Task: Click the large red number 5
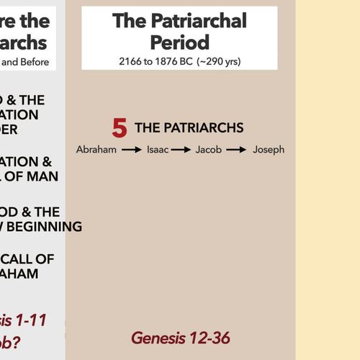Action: coord(120,128)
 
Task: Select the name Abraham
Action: coord(96,150)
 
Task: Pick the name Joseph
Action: coord(269,150)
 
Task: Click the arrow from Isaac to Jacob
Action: coord(181,150)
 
